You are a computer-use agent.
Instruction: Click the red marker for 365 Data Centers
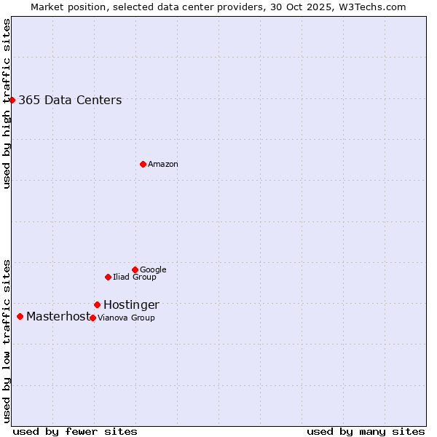tap(12, 100)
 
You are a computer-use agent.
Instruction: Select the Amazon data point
tap(143, 164)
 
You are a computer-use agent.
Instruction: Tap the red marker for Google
tap(135, 269)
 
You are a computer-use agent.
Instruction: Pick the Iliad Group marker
tap(108, 277)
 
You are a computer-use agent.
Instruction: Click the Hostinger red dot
tap(97, 304)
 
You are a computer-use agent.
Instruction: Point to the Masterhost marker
tap(20, 316)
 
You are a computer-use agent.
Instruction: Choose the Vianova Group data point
tap(92, 318)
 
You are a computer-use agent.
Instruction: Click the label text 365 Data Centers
tap(70, 101)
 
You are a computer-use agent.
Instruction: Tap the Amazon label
tap(163, 165)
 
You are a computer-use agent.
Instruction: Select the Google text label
tap(153, 270)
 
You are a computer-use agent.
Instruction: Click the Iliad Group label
tap(135, 277)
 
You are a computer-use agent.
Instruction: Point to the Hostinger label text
tap(131, 305)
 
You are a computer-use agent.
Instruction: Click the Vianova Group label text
tap(126, 318)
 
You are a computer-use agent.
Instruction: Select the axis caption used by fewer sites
tap(75, 431)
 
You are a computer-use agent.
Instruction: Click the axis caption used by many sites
tap(366, 431)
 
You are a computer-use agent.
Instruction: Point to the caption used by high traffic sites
tap(7, 103)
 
